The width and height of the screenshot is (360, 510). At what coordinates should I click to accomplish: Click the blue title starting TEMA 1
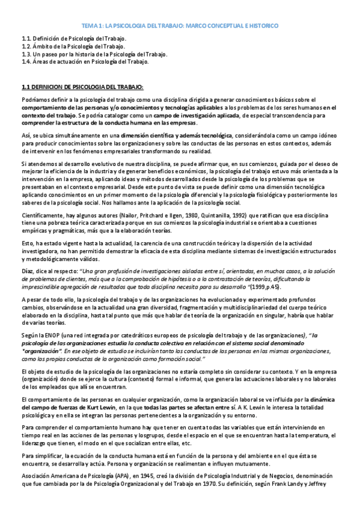click(180, 26)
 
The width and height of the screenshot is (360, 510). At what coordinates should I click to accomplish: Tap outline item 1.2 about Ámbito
click(73, 46)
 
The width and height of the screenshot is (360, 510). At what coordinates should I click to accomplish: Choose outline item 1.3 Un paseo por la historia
click(94, 54)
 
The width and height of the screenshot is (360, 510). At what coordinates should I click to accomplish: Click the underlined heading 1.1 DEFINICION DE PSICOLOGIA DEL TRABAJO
click(82, 87)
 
